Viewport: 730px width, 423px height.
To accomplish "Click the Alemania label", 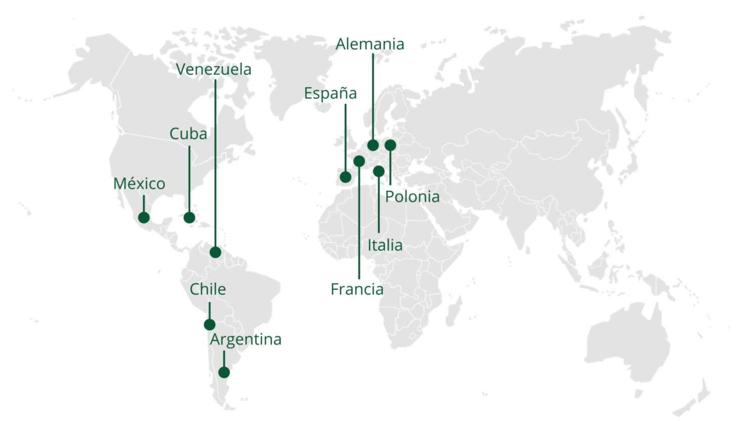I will (370, 44).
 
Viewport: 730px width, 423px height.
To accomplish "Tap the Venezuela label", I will (214, 69).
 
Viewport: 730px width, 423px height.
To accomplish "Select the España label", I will (330, 93).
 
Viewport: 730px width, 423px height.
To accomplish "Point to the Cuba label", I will (188, 134).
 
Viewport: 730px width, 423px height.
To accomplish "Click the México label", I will (139, 183).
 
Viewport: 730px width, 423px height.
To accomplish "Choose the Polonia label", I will (412, 197).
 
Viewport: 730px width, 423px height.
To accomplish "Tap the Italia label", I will (385, 245).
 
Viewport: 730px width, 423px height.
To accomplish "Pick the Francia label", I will (357, 289).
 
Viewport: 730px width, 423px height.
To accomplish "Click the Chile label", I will (208, 289).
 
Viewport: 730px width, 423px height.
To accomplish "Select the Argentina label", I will (246, 339).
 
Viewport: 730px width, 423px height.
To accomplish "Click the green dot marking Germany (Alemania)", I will (373, 145).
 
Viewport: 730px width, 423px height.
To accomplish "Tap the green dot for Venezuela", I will (215, 252).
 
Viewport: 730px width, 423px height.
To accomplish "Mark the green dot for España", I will (345, 177).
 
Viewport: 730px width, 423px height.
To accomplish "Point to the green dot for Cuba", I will (189, 217).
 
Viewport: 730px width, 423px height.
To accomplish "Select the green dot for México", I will (144, 217).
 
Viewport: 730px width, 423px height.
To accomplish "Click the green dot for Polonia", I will (390, 145).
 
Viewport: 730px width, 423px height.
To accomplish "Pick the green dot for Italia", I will (379, 171).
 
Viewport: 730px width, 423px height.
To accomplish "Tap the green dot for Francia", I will (359, 161).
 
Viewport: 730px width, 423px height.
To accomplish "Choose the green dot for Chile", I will (210, 325).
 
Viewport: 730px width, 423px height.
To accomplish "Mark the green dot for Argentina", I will (224, 372).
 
